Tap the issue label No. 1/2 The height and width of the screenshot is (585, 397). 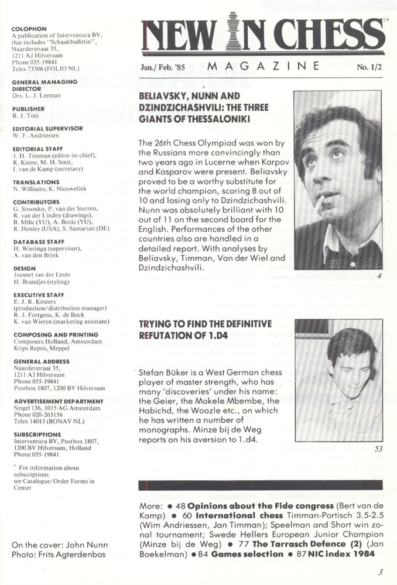(369, 68)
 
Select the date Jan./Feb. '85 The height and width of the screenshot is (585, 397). (163, 67)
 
